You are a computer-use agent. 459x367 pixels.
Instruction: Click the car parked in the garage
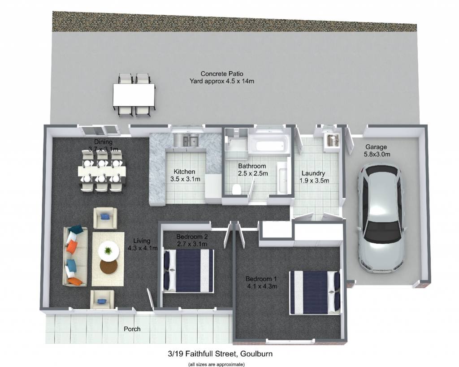click(381, 218)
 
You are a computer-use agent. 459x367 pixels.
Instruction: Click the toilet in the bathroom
click(236, 189)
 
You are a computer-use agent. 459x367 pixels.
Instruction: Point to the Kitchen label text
click(184, 172)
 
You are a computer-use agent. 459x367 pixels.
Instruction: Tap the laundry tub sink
click(332, 140)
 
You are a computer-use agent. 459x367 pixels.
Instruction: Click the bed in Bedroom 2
click(189, 271)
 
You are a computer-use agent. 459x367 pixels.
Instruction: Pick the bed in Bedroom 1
click(315, 292)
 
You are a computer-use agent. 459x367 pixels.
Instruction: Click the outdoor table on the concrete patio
click(134, 95)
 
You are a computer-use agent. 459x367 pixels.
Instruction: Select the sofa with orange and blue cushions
click(75, 256)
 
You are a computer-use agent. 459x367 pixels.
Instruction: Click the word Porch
click(132, 329)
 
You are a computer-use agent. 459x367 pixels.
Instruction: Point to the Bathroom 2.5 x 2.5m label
click(252, 170)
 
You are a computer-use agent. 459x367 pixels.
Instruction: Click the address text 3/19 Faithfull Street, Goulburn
click(220, 354)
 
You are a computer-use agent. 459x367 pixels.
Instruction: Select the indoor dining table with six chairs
click(102, 171)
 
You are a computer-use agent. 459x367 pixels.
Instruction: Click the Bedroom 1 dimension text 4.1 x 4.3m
click(262, 286)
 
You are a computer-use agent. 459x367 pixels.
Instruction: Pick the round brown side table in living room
click(108, 266)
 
